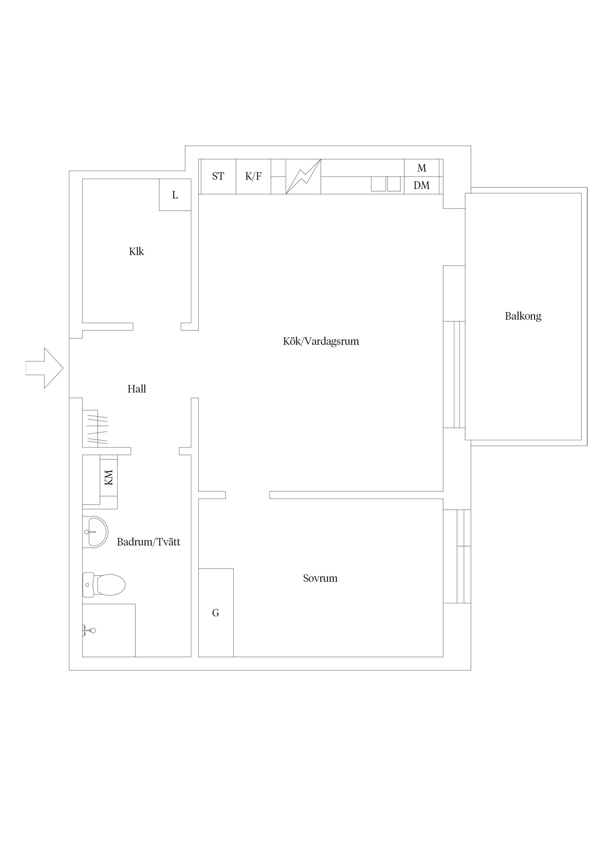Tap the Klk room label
pyautogui.click(x=136, y=252)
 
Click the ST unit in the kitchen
pyautogui.click(x=218, y=176)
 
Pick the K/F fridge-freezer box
pyautogui.click(x=253, y=176)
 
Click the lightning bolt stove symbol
pyautogui.click(x=303, y=177)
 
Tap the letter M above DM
pyautogui.click(x=421, y=168)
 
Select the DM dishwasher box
pyautogui.click(x=421, y=185)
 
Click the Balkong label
pyautogui.click(x=523, y=316)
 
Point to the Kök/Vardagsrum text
pyautogui.click(x=321, y=341)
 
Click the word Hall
pyautogui.click(x=136, y=389)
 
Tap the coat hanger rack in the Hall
pyautogui.click(x=98, y=430)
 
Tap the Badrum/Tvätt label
pyautogui.click(x=148, y=542)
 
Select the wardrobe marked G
pyautogui.click(x=216, y=613)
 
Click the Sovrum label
pyautogui.click(x=320, y=578)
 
